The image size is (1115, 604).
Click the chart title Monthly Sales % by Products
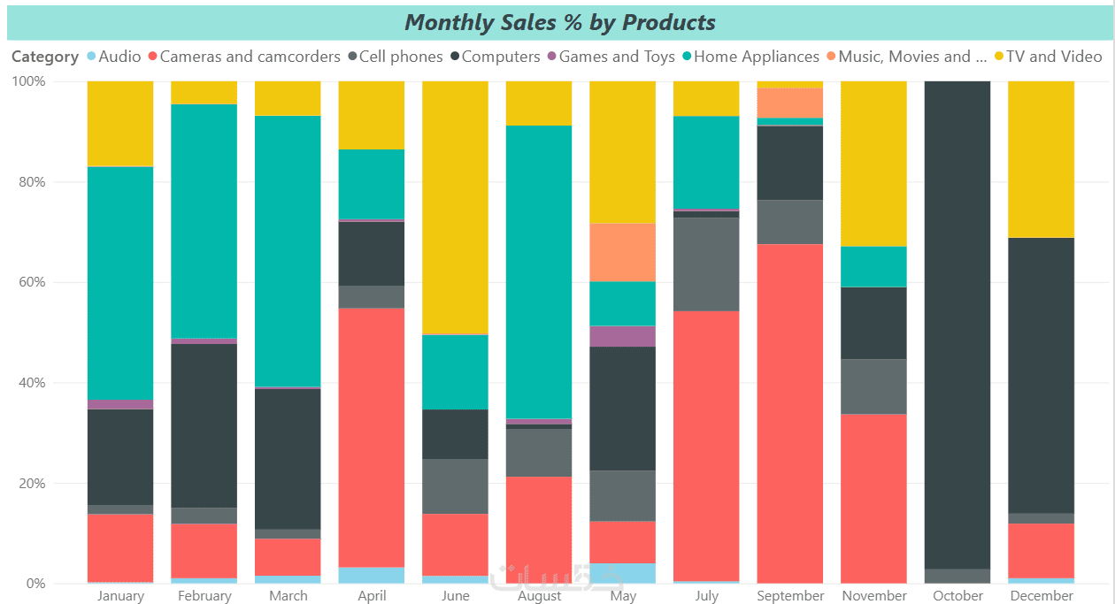point(559,22)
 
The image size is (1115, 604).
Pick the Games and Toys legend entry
point(616,57)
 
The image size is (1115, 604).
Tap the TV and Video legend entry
point(1054,57)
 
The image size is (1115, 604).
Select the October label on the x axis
point(957,596)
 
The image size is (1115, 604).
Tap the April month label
point(372,596)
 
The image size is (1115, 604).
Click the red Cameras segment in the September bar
point(790,413)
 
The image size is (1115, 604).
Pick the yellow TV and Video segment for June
point(455,207)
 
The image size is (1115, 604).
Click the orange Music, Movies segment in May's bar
point(623,252)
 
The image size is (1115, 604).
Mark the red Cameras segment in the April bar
point(372,438)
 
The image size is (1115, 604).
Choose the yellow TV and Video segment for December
point(1042,159)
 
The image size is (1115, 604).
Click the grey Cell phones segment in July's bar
point(706,264)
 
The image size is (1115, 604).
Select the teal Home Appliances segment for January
point(120,283)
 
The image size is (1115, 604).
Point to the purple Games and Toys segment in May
point(623,336)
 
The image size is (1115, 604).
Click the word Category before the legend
point(45,57)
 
